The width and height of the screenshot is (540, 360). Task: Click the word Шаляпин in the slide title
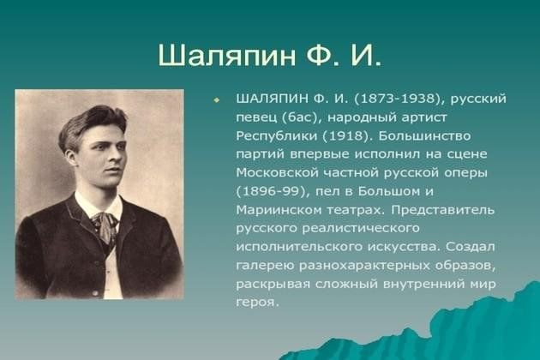coord(227,55)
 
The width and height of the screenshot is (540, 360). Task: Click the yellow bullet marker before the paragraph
coord(217,100)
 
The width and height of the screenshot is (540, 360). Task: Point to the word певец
coord(256,117)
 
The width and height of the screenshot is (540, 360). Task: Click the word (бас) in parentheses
coord(302,117)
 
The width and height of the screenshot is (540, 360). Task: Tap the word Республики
coord(277,136)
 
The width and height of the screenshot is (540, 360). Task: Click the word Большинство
coord(424,136)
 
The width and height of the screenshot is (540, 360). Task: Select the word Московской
coord(277,172)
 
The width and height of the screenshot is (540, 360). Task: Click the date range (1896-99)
coord(273,191)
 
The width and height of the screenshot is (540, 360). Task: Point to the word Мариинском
coord(279,210)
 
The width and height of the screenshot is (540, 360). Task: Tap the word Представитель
coord(442,210)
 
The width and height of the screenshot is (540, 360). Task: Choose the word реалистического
coord(361,228)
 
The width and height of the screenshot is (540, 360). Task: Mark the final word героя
coord(256,303)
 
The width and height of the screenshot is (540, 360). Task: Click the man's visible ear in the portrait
coord(71,157)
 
